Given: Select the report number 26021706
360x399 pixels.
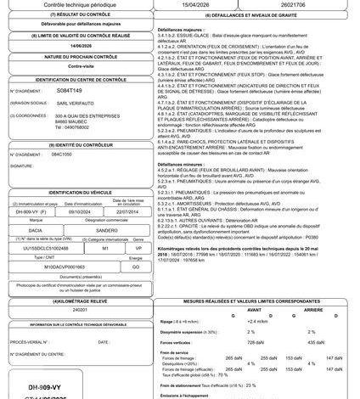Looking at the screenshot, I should [295, 4].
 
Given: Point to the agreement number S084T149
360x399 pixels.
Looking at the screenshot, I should [65, 89].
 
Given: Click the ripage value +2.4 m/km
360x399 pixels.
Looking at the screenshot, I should [234, 322].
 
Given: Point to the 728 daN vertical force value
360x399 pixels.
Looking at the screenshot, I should [230, 341].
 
